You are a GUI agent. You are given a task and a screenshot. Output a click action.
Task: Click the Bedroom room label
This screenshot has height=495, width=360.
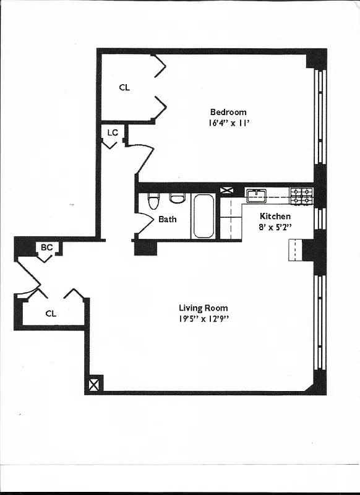tap(228, 112)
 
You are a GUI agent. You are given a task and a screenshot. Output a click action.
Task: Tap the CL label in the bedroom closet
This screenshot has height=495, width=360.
tap(124, 87)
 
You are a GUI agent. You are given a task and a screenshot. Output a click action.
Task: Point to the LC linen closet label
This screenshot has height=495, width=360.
tap(113, 132)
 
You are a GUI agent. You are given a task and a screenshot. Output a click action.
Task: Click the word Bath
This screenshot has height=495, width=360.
tap(167, 219)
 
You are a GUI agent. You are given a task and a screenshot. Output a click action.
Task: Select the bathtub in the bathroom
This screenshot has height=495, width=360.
tap(204, 216)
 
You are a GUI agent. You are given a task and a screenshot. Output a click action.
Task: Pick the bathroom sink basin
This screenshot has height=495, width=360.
tap(178, 198)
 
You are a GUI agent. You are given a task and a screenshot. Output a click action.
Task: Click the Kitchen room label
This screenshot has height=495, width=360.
tap(275, 216)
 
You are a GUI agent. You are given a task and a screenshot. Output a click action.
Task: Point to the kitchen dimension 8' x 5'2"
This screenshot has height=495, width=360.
tap(275, 227)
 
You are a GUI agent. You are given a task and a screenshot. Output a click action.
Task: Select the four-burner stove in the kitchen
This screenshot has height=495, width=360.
tap(302, 196)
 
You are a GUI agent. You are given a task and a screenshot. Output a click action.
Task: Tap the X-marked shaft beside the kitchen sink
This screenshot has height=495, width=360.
tap(227, 191)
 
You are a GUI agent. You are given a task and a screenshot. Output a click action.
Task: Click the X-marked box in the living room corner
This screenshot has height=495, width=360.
tap(93, 385)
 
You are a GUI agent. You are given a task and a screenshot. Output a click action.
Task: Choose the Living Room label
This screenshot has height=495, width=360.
tap(203, 308)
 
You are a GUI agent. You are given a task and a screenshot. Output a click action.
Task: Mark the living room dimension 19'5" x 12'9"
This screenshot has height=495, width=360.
tap(203, 319)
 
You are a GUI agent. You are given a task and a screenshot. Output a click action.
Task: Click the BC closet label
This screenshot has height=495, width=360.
tap(46, 247)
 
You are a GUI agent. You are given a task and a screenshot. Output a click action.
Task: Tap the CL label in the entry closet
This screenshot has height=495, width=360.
tap(51, 314)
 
